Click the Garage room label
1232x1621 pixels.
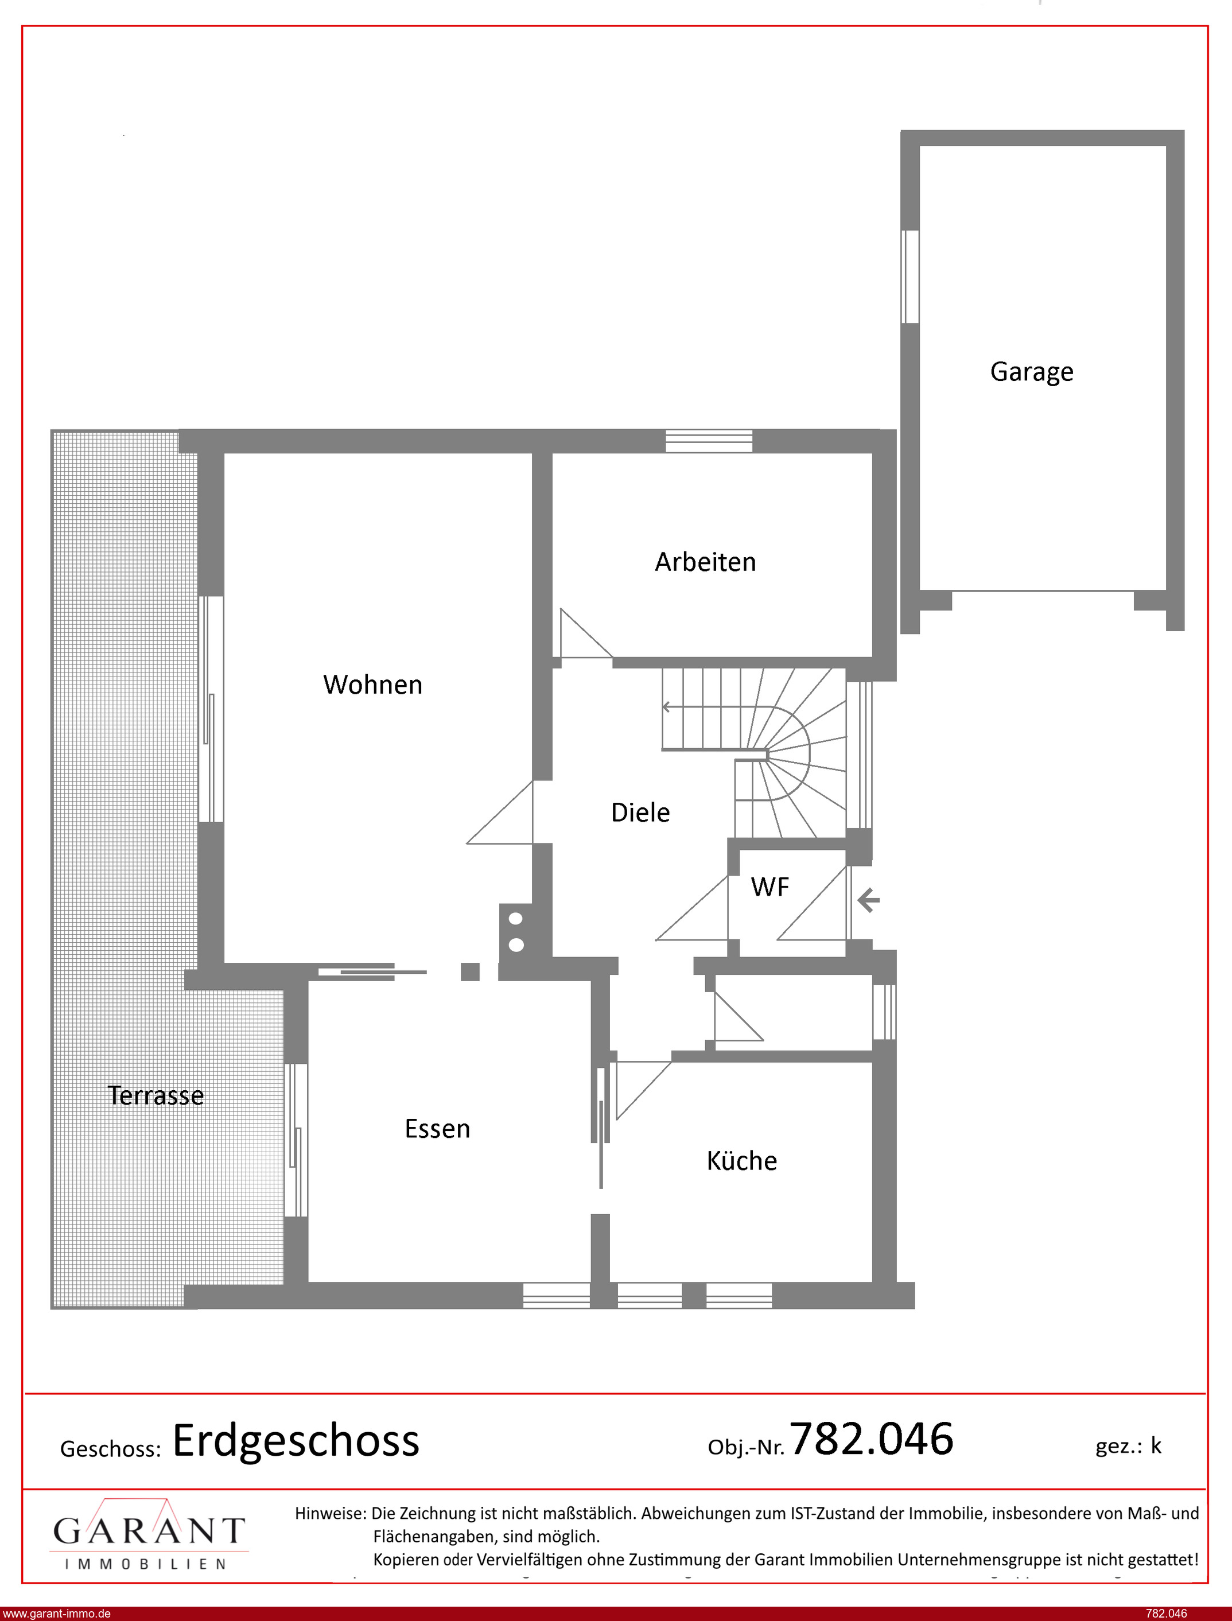pos(1032,372)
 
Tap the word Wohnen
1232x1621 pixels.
pos(372,685)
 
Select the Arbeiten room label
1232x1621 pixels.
pos(705,562)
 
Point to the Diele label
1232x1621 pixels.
pos(640,813)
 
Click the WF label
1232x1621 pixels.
pos(770,887)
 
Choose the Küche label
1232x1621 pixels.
pos(741,1161)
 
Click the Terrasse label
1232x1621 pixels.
pos(156,1095)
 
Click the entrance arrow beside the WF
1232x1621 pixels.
pos(868,900)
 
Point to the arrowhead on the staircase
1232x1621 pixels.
pos(667,707)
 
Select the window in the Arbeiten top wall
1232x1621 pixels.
pos(709,441)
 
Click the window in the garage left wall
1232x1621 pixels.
pos(910,277)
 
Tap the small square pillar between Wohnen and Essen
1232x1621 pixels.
pos(470,971)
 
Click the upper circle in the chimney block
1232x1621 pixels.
pos(515,919)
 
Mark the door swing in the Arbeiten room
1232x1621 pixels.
pos(586,633)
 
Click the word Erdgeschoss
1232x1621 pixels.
pos(296,1441)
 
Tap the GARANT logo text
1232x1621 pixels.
pos(149,1531)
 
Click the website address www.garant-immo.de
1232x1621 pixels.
pos(57,1614)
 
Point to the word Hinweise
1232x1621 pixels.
pos(330,1513)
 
